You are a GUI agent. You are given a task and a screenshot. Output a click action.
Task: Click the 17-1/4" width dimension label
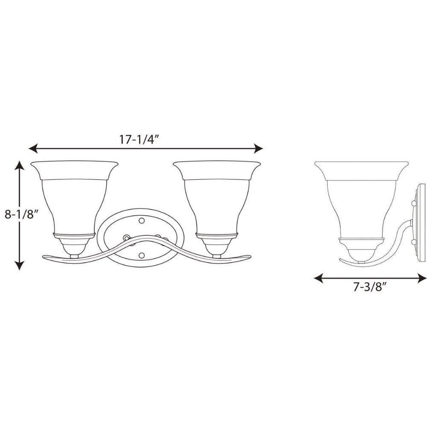(139, 140)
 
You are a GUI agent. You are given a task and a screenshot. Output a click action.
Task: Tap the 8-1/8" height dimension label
(20, 215)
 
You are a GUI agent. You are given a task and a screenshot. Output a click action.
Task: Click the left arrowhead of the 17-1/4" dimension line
(33, 149)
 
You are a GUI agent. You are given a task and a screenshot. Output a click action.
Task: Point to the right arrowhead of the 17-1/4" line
(258, 149)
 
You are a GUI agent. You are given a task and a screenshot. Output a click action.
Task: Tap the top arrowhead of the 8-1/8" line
(19, 165)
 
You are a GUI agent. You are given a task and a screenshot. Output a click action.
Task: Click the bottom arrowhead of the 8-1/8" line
(19, 266)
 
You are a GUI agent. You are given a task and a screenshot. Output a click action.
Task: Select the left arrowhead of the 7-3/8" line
(319, 278)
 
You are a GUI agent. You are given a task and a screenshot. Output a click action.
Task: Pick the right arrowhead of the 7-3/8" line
(422, 278)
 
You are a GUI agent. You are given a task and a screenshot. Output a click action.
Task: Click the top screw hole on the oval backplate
(141, 220)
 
